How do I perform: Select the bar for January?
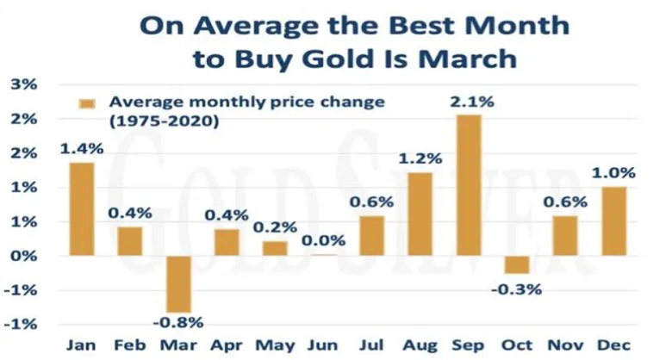coord(81,208)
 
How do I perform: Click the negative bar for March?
coord(178,283)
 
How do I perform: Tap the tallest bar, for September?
coord(470,185)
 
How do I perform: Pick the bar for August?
coord(420,214)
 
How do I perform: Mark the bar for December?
coord(615,221)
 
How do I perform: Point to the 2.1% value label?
coord(471,102)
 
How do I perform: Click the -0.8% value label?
coord(178,323)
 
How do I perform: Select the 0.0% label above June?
coord(324,242)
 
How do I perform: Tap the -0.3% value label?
coord(519,289)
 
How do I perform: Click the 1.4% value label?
coord(81,149)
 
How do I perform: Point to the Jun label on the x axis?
coord(324,345)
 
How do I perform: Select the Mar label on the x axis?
coord(178,345)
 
